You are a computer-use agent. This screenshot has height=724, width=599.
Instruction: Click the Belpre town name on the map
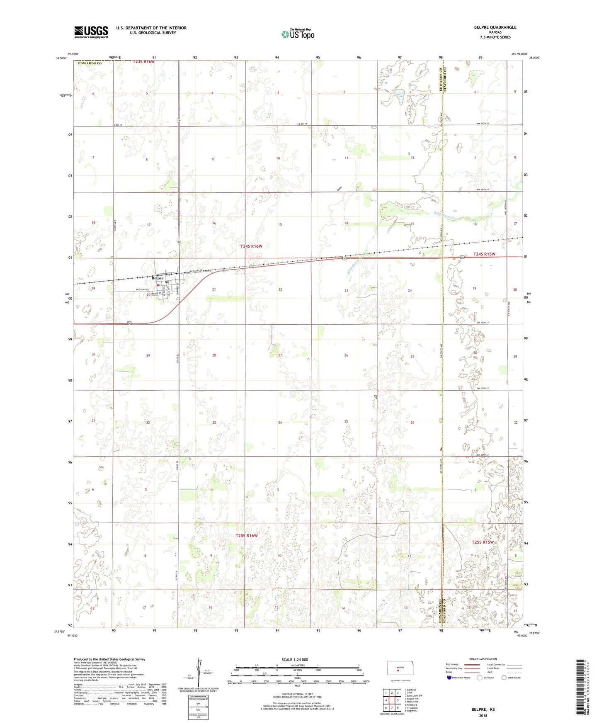click(158, 278)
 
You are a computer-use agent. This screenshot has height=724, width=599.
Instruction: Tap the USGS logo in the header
click(91, 32)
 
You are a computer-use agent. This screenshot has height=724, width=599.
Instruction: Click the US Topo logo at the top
click(298, 34)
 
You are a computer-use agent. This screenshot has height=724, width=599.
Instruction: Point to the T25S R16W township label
click(247, 535)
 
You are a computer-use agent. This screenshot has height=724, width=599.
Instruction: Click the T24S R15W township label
click(484, 254)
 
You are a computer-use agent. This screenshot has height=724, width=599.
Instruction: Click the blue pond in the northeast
click(398, 93)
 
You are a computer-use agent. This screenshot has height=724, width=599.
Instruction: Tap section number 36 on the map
click(412, 423)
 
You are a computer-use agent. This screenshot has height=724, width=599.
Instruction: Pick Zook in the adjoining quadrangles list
click(409, 692)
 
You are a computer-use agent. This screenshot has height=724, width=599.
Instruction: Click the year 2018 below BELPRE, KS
click(483, 716)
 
